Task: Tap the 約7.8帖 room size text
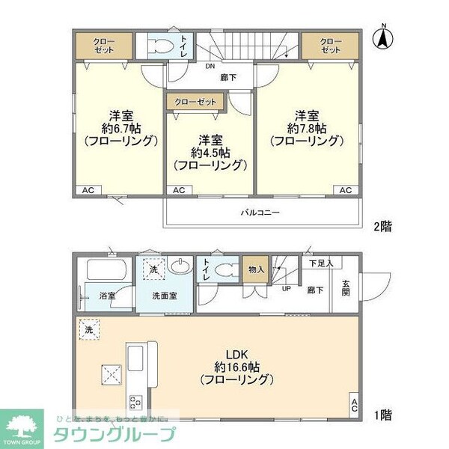tap(306, 128)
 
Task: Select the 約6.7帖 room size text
tap(120, 128)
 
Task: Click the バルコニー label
tap(260, 213)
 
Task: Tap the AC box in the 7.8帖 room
tap(345, 190)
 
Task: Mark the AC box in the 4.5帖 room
tap(178, 190)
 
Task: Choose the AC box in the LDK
tap(353, 406)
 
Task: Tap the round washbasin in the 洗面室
tap(180, 266)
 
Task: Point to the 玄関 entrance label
tap(346, 286)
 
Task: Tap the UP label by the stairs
tap(286, 287)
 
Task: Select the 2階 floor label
tap(382, 224)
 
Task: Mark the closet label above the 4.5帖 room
tap(195, 100)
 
